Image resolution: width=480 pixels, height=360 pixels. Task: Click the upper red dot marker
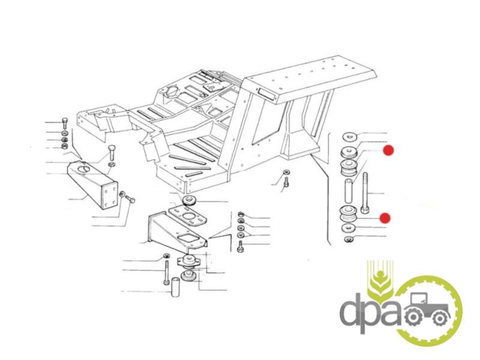[388, 151]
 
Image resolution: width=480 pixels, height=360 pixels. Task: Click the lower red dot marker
[385, 218]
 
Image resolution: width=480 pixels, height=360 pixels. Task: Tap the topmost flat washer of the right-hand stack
[349, 137]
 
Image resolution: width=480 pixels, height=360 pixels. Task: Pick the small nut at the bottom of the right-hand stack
[349, 239]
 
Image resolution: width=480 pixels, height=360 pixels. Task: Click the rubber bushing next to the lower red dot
[349, 214]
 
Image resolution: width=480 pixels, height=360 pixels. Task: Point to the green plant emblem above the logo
[380, 278]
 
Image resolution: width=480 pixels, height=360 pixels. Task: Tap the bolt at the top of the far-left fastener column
[65, 123]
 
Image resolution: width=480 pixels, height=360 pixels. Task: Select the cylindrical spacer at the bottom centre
[175, 287]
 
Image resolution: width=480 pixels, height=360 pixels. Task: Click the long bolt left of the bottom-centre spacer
[167, 272]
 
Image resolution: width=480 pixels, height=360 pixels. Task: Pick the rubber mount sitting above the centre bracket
[189, 202]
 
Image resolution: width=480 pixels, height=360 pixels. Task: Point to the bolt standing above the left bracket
[112, 152]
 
